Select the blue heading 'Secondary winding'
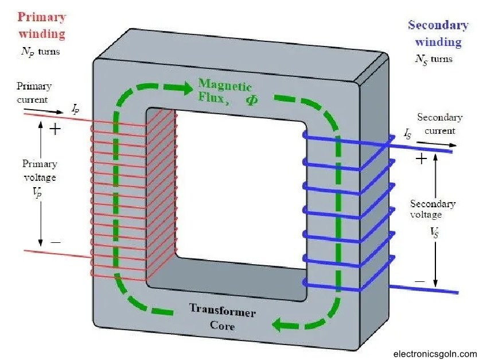point(438,33)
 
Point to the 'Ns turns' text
point(433,59)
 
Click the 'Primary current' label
point(34,92)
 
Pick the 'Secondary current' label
point(439,123)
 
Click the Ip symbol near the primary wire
point(75,107)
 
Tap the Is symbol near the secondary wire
point(408,134)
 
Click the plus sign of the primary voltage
point(55,129)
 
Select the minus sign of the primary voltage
point(55,242)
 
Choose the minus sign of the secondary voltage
point(420,281)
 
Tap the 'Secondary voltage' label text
point(433,209)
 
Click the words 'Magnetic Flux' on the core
point(224,92)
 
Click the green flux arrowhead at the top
point(184,88)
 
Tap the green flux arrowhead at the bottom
point(281,326)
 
